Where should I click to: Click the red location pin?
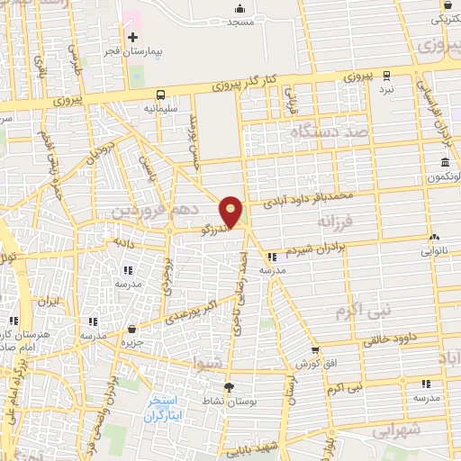pos(231,211)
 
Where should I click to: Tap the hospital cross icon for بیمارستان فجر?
pos(133,37)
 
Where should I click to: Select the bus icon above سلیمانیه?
pos(161,94)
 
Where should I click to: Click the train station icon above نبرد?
pos(386,75)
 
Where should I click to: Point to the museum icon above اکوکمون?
pos(445,162)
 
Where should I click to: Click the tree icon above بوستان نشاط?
pos(228,387)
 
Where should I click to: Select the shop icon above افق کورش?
pos(314,350)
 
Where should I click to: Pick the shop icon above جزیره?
pos(132,330)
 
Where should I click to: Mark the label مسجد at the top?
pos(241,21)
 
